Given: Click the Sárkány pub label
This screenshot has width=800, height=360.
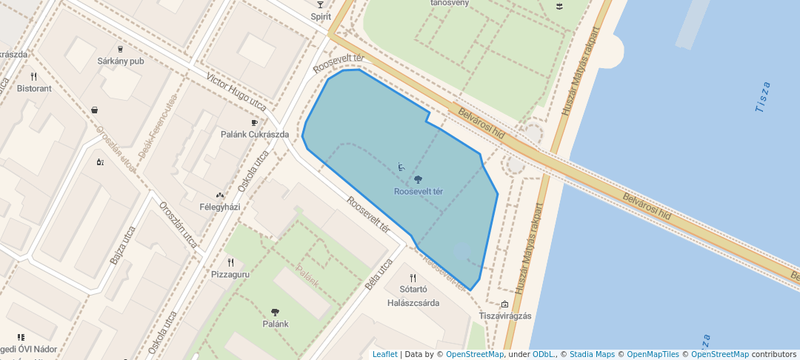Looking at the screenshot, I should [x=120, y=61].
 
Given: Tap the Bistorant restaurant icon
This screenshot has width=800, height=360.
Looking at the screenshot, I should [x=33, y=76].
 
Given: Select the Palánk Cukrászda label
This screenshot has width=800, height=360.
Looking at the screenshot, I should [x=255, y=135].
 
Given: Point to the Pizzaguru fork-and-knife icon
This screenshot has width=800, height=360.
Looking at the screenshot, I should [x=231, y=262].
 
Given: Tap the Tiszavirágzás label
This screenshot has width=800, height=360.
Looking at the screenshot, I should [x=505, y=316].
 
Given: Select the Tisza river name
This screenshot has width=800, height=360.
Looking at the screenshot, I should [x=762, y=97].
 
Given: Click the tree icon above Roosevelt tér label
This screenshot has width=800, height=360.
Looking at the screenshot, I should [x=418, y=179].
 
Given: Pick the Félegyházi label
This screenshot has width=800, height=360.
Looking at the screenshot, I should [x=220, y=207].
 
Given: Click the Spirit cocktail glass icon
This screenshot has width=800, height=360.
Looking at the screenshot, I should [x=320, y=4].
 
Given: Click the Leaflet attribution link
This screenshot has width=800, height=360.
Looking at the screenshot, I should [x=384, y=354].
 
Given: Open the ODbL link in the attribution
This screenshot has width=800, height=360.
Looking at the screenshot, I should [x=544, y=354].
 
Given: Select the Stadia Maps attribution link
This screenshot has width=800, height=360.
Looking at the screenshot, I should [x=592, y=354].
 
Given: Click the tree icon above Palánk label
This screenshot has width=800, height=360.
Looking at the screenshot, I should [x=276, y=313].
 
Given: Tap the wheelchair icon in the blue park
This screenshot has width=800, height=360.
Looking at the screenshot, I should [x=401, y=167].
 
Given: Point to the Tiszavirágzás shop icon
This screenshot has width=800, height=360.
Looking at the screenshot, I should [x=505, y=304].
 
